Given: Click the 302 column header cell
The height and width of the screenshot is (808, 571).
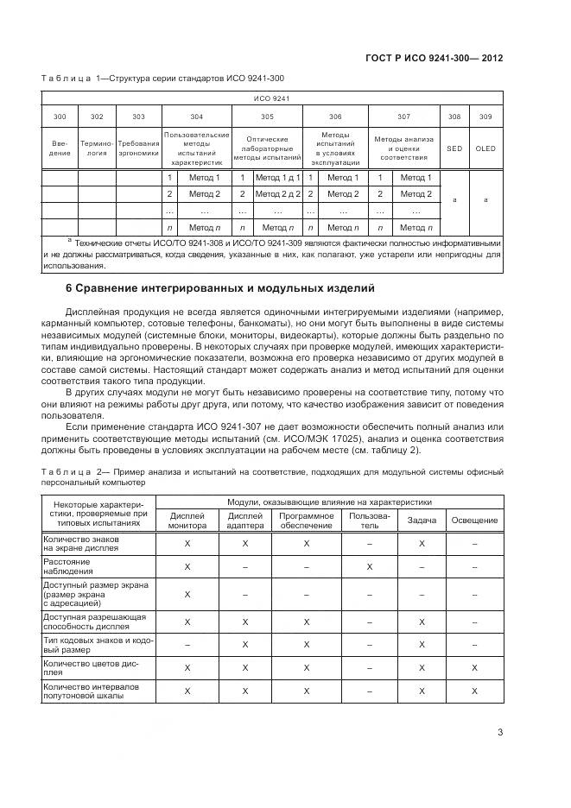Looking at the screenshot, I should point(97,117).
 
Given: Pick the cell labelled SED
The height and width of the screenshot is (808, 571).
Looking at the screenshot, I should point(454,148).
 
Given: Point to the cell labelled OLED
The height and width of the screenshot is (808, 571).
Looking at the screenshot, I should point(486,148).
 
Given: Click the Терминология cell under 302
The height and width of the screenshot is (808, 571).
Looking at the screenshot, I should point(97,148).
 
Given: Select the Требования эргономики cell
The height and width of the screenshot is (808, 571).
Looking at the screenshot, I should point(138,148).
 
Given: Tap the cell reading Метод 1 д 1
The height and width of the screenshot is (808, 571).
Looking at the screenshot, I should point(277,177).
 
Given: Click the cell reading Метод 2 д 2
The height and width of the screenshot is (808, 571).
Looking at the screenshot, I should point(277,193).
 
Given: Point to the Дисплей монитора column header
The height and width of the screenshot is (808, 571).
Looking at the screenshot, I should point(187,520).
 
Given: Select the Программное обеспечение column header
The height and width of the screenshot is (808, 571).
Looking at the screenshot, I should point(305,520).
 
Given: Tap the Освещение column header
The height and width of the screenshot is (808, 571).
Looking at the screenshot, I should point(474,520).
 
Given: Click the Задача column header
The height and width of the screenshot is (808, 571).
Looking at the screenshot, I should point(422,520).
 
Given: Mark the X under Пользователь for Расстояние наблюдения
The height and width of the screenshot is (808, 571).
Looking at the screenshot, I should point(369,566).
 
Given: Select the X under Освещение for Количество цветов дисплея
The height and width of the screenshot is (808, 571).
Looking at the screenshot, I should point(474,667).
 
